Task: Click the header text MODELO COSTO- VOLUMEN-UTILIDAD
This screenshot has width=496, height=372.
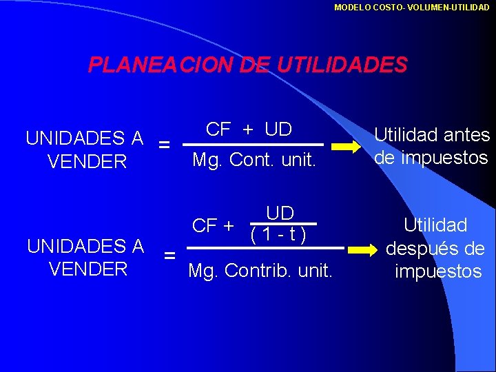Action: pos(411,7)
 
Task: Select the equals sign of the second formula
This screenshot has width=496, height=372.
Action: pos(169,256)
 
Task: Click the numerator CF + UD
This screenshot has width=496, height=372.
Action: pos(249,129)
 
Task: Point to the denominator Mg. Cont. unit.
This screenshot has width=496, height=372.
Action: pos(254,161)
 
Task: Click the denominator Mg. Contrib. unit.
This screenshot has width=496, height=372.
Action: pos(260,271)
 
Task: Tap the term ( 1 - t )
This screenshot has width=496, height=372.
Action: pos(278,234)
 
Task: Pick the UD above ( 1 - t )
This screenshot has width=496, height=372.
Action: pos(280,213)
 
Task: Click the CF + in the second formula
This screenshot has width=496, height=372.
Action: pos(212,225)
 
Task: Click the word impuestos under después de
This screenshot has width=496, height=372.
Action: pos(438,271)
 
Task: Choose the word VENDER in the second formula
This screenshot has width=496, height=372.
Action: pos(87,269)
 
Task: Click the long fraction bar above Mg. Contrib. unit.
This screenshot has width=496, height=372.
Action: pos(266,247)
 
